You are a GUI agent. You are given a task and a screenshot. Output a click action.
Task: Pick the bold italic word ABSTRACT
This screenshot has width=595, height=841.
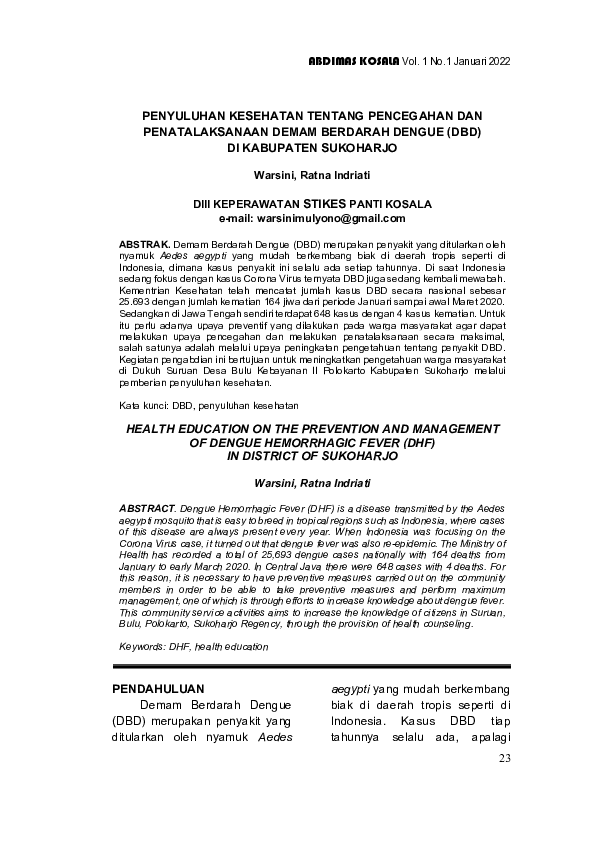pyautogui.click(x=147, y=508)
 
